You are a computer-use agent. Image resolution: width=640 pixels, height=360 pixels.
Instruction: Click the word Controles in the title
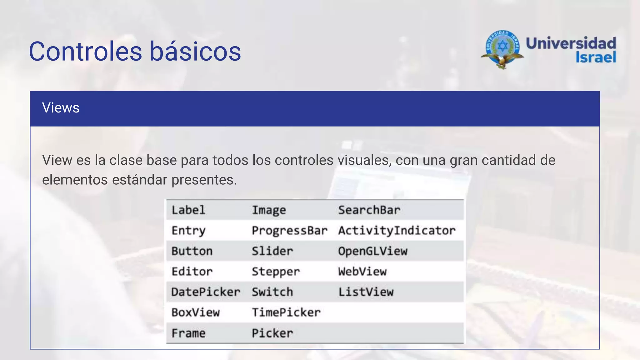click(85, 51)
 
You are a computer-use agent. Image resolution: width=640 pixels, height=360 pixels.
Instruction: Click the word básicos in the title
click(195, 51)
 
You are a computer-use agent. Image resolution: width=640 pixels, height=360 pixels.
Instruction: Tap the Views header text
click(61, 108)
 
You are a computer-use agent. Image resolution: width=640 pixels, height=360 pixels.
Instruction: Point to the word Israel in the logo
click(596, 57)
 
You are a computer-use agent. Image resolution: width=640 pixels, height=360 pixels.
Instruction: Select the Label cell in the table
click(188, 210)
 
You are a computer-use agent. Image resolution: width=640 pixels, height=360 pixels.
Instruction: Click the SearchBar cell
click(369, 210)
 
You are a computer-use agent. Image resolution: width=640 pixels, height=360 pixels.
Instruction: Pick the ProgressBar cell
click(290, 231)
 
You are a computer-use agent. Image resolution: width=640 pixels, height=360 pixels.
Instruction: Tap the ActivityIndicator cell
click(397, 231)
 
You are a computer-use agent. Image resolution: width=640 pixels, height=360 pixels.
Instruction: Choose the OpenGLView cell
click(373, 251)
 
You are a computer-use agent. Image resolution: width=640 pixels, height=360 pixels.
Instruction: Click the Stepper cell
click(276, 272)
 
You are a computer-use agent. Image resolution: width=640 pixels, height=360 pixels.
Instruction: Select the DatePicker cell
click(206, 292)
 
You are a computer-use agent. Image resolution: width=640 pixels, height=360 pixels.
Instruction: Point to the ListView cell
click(366, 292)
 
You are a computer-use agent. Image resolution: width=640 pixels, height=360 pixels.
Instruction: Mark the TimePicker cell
click(286, 312)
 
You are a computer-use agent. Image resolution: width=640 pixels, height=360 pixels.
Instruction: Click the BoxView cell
click(196, 312)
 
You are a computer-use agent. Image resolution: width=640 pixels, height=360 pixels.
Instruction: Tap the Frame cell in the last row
click(188, 333)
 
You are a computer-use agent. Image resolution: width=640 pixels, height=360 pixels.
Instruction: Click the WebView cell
click(362, 272)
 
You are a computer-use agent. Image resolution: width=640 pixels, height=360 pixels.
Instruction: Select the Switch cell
click(272, 292)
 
